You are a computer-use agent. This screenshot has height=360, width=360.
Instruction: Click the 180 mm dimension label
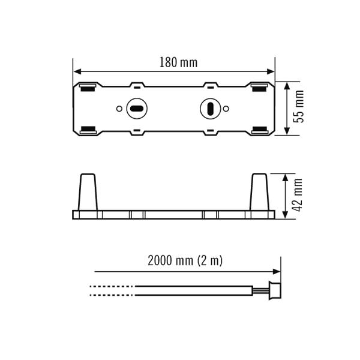pyautogui.click(x=178, y=62)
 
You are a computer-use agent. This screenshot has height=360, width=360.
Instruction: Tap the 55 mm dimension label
pyautogui.click(x=299, y=106)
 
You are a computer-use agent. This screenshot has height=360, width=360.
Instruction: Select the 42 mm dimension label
pyautogui.click(x=297, y=195)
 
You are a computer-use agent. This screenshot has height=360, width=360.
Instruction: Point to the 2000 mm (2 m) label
pyautogui.click(x=185, y=260)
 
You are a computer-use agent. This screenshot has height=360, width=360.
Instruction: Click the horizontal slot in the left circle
pyautogui.click(x=137, y=109)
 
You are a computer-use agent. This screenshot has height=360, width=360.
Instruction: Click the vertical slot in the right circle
pyautogui.click(x=211, y=109)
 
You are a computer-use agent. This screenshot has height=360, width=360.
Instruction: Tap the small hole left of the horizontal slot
pyautogui.click(x=119, y=109)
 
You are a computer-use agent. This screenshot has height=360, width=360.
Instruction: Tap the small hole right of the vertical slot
pyautogui.click(x=226, y=109)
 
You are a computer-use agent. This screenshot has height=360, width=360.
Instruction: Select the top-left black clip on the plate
pyautogui.click(x=88, y=89)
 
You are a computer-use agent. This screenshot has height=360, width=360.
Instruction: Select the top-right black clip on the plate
pyautogui.click(x=259, y=89)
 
